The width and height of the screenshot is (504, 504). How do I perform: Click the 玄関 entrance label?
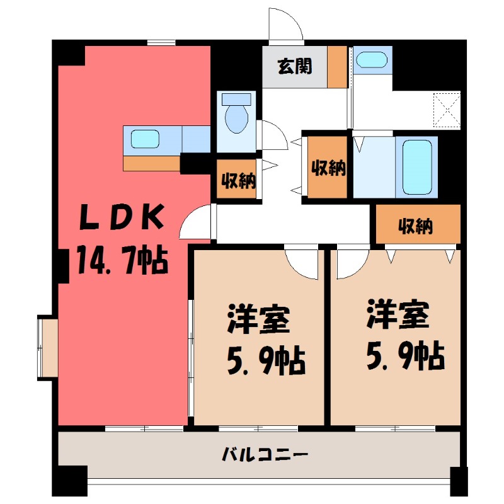pyautogui.click(x=294, y=66)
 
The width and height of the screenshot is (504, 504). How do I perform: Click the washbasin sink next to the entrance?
pyautogui.click(x=370, y=60)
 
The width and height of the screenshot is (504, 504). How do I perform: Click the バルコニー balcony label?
pyautogui.click(x=265, y=454)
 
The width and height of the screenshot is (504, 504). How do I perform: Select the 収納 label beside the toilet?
pyautogui.click(x=238, y=180)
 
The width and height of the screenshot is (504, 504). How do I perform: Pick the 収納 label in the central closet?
pyautogui.click(x=328, y=168)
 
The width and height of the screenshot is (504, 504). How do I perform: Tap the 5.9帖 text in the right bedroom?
pyautogui.click(x=404, y=356)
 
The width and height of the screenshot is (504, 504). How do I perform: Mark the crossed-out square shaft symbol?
pyautogui.click(x=447, y=110)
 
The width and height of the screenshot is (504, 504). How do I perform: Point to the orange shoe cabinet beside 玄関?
pyautogui.click(x=337, y=67)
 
